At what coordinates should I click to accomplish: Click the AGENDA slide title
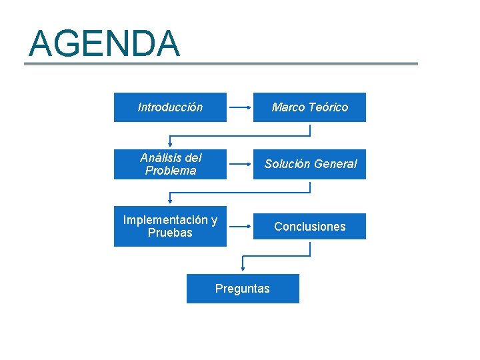click(104, 43)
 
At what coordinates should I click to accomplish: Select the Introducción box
click(170, 107)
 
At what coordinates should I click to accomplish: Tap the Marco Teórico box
click(309, 107)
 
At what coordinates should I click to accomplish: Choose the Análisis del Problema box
click(170, 164)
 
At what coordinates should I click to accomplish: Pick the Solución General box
click(309, 164)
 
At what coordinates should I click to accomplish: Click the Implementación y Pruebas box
click(170, 227)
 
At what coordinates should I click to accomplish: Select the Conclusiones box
click(309, 227)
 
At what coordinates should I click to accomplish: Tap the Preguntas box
click(243, 289)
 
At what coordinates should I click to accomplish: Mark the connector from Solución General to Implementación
click(240, 193)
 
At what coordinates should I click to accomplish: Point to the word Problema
click(171, 171)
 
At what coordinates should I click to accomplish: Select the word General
click(335, 164)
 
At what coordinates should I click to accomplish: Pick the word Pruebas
click(170, 233)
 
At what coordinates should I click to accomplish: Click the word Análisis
click(161, 158)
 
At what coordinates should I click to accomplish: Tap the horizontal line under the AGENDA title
click(221, 64)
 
